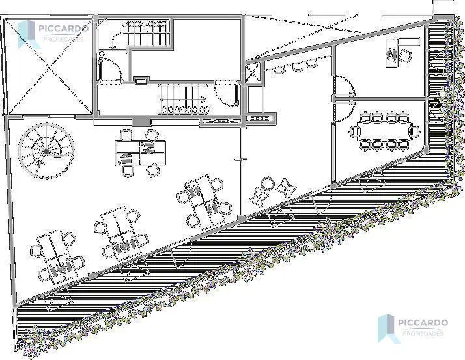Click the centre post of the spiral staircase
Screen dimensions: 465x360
46,152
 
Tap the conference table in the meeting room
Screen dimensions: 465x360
384,130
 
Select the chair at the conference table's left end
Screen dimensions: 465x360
354,131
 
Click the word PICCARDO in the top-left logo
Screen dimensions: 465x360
63,29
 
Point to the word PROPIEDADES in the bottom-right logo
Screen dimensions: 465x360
423,333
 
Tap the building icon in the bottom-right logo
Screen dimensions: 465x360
387,329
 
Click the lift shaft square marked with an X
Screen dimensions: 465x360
253,74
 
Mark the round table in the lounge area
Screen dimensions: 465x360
266,184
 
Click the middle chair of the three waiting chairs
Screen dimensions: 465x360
297,66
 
